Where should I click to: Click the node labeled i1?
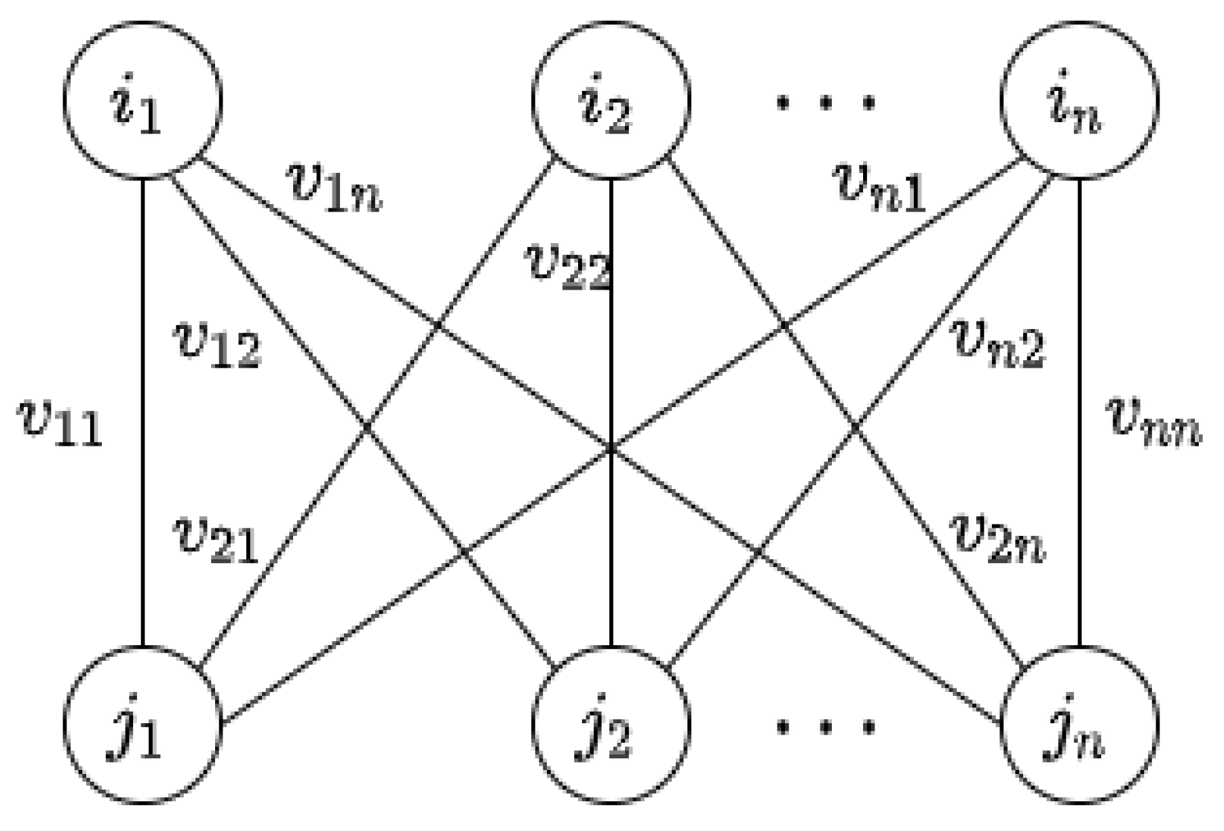click(x=142, y=100)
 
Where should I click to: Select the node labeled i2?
click(x=611, y=100)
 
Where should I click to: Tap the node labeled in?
click(x=1079, y=100)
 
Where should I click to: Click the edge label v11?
click(x=60, y=424)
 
